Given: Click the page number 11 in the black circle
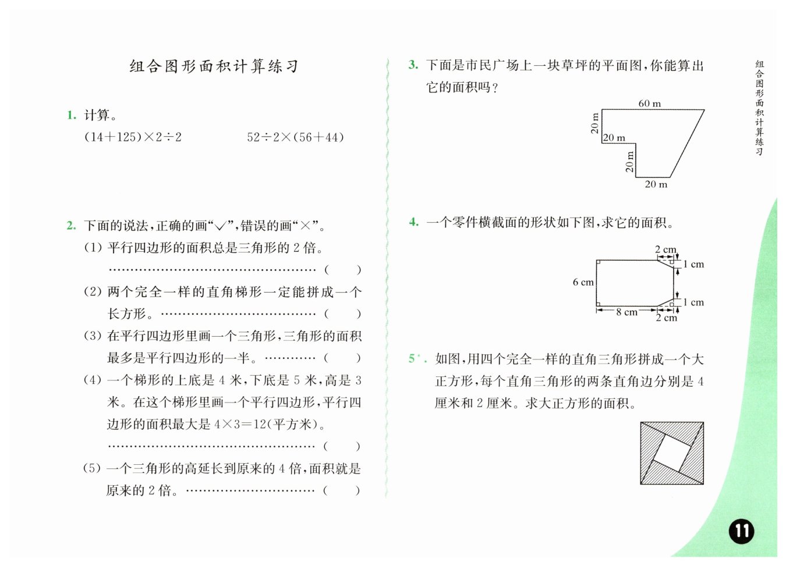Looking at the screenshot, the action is tap(741, 531).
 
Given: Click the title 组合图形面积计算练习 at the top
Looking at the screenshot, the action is tap(214, 66).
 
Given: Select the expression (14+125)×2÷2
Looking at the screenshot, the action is tap(133, 137).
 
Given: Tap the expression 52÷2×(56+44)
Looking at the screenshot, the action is tap(295, 137).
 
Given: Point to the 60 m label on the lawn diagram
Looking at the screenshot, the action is tap(649, 104).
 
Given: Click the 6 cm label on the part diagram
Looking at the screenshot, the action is tap(583, 282).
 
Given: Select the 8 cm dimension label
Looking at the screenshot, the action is tap(626, 312).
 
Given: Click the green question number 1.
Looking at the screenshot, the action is tap(72, 115).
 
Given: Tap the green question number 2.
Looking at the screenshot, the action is tap(71, 226).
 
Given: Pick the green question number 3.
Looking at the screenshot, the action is tap(413, 65).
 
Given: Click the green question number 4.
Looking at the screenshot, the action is tap(413, 222).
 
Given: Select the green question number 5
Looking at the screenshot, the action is tap(412, 358).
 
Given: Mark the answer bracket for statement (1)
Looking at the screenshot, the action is tap(342, 270).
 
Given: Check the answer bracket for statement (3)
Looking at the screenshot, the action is tap(342, 358).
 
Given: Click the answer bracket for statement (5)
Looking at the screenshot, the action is tap(342, 490).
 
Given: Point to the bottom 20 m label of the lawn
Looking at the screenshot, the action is tap(656, 184).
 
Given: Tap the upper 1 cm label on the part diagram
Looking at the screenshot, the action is tap(693, 264).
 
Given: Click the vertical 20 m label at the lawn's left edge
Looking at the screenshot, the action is tap(594, 123).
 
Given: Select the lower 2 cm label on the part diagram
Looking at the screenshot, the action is tap(667, 318).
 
